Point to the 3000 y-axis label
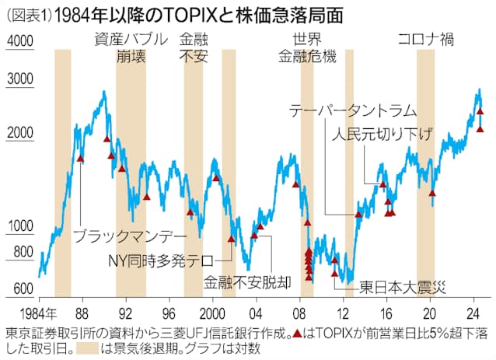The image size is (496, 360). (x=19, y=79)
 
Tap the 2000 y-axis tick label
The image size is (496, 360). (x=19, y=133)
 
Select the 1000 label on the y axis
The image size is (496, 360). (x=19, y=226)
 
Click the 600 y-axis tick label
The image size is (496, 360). (x=22, y=288)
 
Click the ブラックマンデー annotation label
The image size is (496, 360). (x=130, y=233)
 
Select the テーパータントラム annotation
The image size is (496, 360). (x=352, y=110)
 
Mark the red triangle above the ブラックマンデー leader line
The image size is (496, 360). (x=80, y=159)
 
